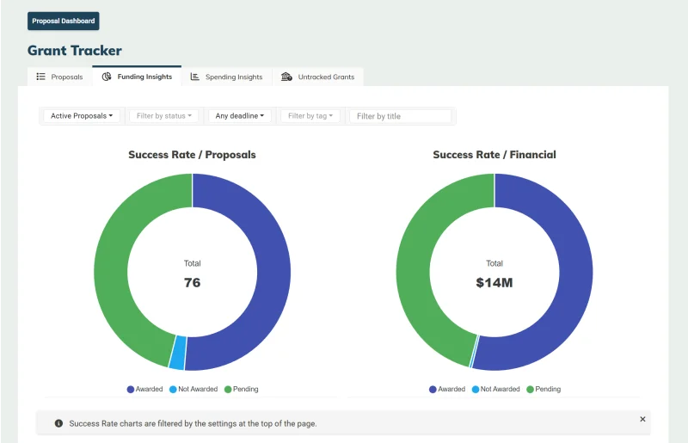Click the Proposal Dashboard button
[63, 21]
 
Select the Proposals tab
[59, 77]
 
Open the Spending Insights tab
[226, 77]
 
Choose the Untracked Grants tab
[317, 77]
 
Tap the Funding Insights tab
[137, 77]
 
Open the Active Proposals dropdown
[82, 116]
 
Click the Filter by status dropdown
[164, 116]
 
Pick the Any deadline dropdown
[240, 116]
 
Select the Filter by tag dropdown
[310, 116]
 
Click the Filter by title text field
[400, 116]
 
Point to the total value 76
[192, 282]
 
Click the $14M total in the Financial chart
[494, 283]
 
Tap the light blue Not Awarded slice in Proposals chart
[178, 353]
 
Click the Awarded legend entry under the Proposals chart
[144, 389]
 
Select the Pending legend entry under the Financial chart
[544, 389]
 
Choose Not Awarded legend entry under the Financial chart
[496, 389]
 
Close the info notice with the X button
[642, 419]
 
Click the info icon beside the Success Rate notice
[58, 423]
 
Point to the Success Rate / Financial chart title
[494, 155]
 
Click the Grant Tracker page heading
[75, 51]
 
